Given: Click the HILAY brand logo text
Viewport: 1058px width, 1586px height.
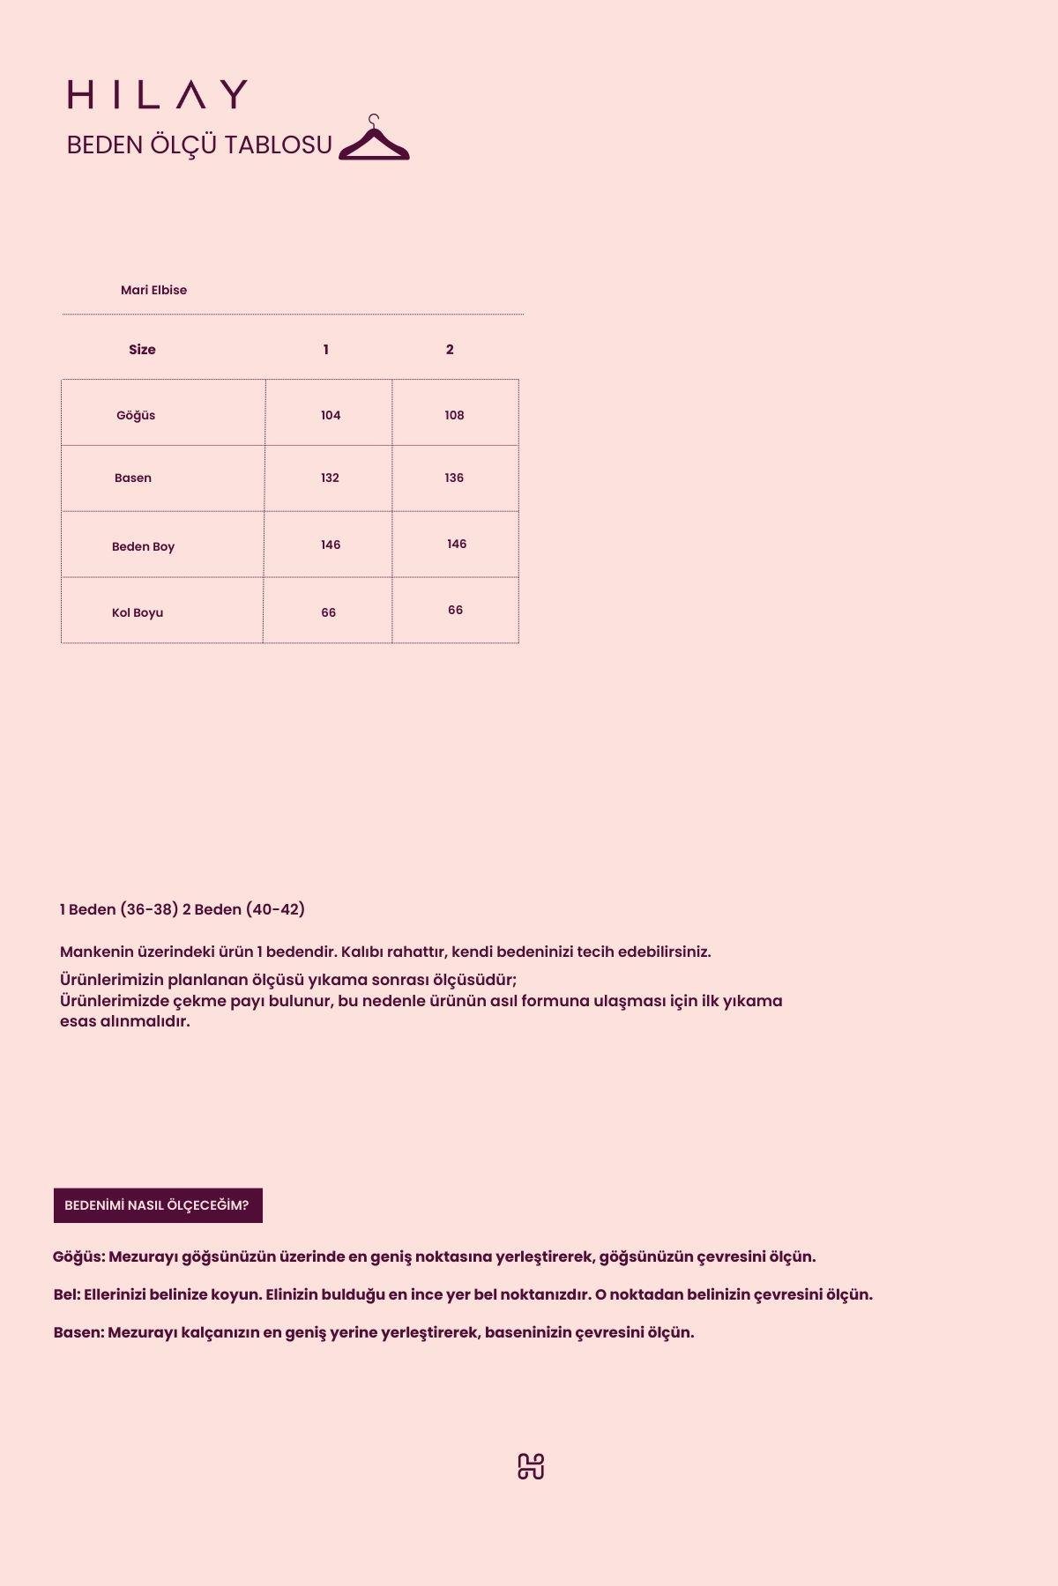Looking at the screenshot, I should point(158,94).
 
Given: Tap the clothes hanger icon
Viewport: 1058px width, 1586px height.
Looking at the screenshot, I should point(374,139).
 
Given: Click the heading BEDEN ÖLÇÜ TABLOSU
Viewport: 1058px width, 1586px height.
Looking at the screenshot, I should point(199,145).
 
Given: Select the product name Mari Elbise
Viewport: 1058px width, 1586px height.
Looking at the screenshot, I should point(153,290).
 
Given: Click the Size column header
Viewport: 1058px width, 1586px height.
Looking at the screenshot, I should point(142,350).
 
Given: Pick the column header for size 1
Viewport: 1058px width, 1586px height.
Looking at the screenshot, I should point(326,350).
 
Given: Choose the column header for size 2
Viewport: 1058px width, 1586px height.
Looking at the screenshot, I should point(450,350).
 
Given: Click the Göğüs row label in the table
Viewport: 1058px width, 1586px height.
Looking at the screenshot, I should point(136,415).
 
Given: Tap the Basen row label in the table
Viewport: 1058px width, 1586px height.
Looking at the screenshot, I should point(133,478).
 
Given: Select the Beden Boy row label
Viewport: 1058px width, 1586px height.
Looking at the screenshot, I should point(143,546).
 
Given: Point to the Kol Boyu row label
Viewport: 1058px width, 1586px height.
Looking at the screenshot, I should point(138,612).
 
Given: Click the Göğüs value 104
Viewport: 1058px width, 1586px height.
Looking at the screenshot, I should point(331,415).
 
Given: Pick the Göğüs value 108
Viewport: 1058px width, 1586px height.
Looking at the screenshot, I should point(454,415).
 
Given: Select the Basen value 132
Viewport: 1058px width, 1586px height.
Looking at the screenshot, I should point(330,478).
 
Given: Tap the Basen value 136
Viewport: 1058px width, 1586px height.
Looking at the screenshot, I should point(454,478).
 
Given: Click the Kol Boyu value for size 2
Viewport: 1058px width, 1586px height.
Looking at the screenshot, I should point(455,610).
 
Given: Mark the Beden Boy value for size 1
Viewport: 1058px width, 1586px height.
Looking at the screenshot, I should point(331,545).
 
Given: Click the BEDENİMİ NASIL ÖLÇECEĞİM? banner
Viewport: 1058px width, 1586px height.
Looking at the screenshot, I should point(158,1205).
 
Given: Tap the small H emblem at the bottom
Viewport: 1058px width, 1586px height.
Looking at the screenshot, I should point(531,1466).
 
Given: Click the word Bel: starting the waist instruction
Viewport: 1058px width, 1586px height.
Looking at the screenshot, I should point(66,1294).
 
